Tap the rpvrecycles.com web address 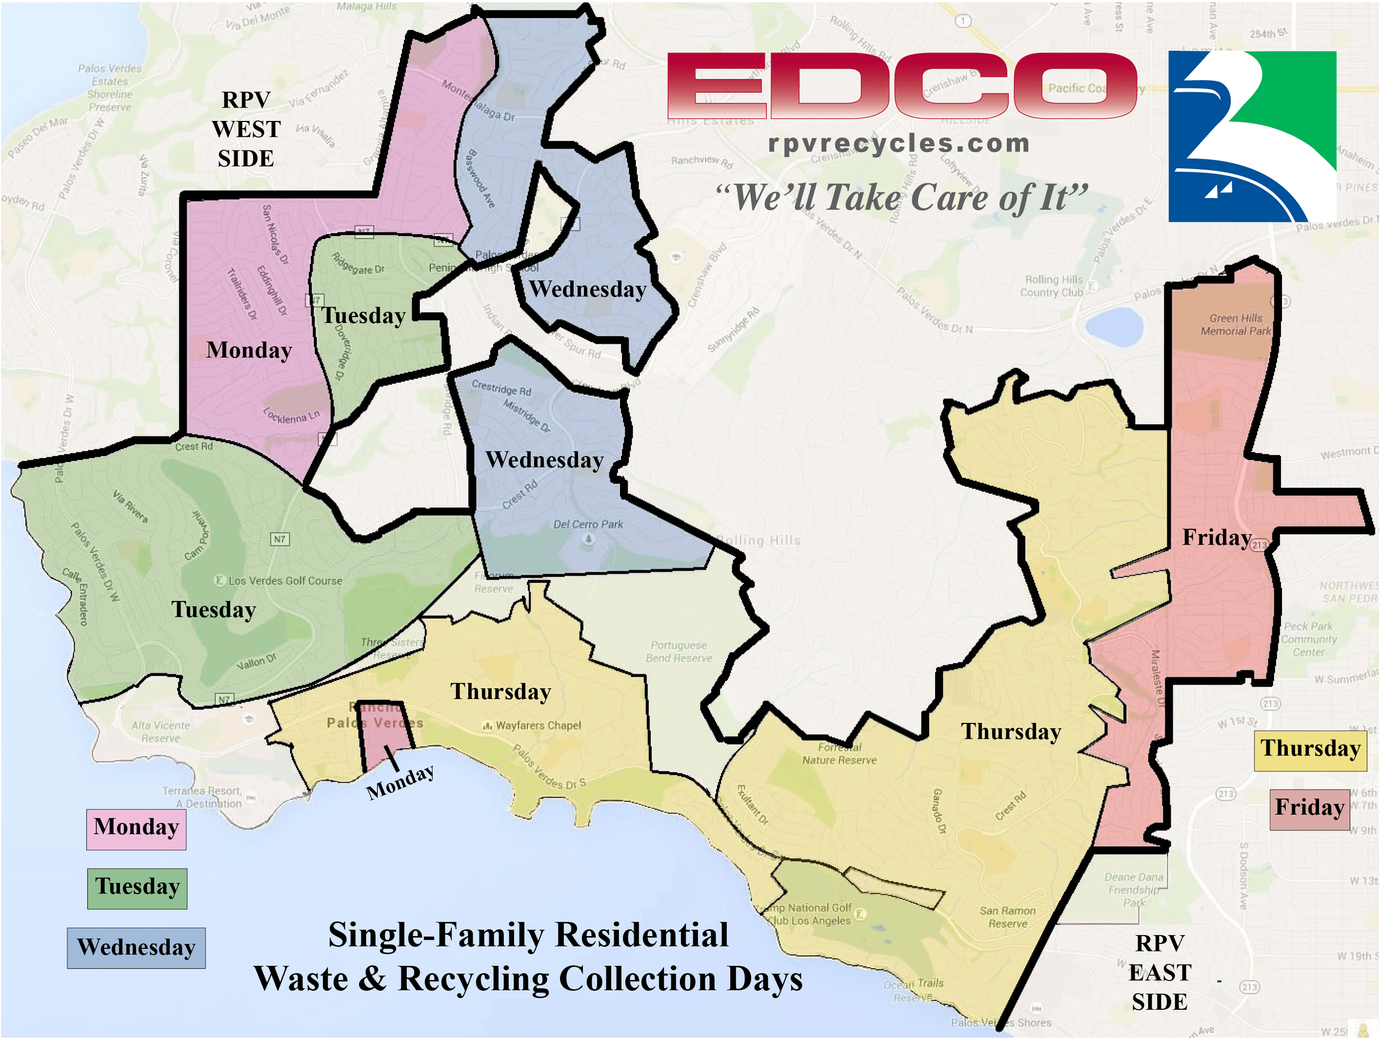point(898,143)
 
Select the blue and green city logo point(1252,136)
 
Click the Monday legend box point(136,828)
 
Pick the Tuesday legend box point(137,888)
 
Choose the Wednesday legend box point(136,948)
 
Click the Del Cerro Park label point(588,525)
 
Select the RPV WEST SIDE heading point(246,129)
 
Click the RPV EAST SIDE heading point(1159,972)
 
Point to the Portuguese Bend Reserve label point(678,652)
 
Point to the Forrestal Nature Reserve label point(839,754)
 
